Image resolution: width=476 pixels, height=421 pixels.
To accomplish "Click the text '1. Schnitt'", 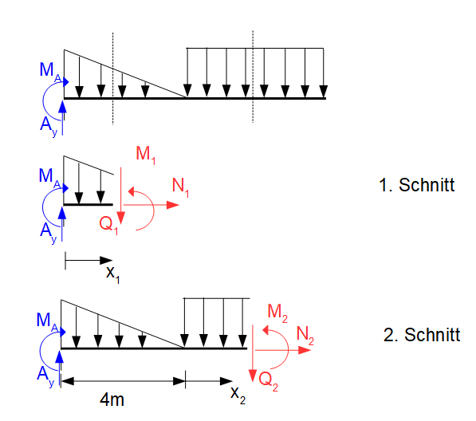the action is tap(416, 185).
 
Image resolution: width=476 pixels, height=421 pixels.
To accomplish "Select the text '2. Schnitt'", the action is tap(422, 335).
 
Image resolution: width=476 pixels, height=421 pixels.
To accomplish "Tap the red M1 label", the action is tap(146, 155).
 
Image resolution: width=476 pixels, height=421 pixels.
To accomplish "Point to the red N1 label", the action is tap(181, 187).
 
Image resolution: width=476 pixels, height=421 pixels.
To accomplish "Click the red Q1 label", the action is tap(108, 225).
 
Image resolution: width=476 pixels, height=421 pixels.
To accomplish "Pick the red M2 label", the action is tap(277, 313).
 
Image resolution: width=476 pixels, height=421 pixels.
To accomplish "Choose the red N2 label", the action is tap(305, 336).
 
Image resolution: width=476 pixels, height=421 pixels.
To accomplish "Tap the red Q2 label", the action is tap(269, 381).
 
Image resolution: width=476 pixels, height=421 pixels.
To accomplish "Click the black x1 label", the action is tap(113, 274).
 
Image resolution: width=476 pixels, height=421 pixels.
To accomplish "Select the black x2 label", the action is tap(238, 395).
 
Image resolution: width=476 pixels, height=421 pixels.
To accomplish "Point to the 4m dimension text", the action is tap(112, 399).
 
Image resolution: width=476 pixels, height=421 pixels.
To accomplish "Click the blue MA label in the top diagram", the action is tap(50, 72).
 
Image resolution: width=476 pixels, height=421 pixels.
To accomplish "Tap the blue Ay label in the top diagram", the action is tap(49, 126).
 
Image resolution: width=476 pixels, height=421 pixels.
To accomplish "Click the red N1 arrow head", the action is tap(173, 205).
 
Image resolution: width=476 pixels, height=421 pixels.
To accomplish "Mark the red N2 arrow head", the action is tap(305, 350).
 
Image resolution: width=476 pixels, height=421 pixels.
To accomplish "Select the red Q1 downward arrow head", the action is tap(121, 218).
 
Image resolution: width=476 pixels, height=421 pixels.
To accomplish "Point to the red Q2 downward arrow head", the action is tap(253, 376).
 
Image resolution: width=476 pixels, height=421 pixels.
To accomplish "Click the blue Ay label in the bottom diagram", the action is tap(45, 376).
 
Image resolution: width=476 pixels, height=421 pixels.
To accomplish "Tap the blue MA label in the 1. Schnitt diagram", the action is tap(49, 178).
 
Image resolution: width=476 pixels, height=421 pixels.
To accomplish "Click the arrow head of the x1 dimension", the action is tap(106, 260).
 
